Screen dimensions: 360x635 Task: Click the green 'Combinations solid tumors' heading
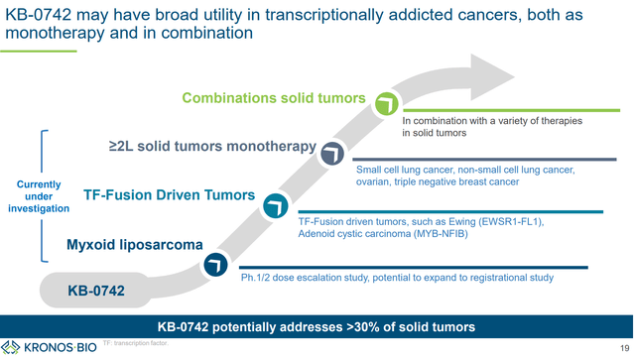tap(274, 98)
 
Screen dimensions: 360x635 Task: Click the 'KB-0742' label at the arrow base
tap(96, 291)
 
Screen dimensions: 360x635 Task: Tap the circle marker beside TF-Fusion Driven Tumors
tap(275, 205)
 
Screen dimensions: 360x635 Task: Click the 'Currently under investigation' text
tap(39, 196)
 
